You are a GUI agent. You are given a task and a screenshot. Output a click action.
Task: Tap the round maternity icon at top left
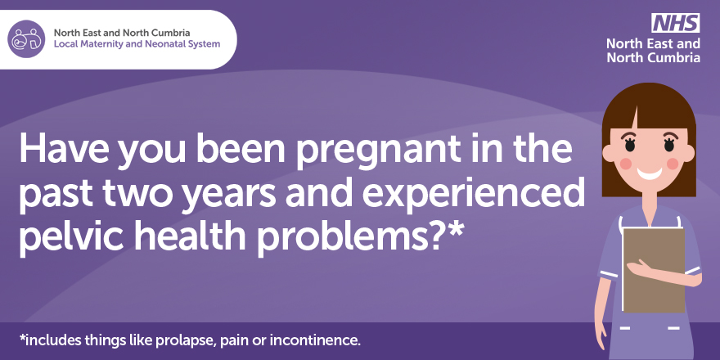tap(26, 38)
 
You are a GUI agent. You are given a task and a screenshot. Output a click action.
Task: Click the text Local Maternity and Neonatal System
tap(137, 43)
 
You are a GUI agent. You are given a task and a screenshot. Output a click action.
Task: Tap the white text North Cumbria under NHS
tap(653, 58)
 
